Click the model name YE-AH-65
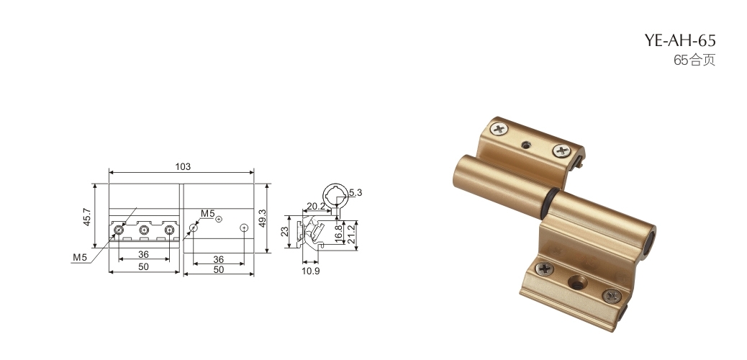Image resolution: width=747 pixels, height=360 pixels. [x=680, y=40]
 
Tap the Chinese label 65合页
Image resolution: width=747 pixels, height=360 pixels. [x=694, y=60]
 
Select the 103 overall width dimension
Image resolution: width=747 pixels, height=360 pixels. [x=183, y=166]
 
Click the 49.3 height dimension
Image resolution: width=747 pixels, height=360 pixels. [x=263, y=218]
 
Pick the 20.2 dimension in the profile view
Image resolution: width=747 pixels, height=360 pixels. [x=316, y=206]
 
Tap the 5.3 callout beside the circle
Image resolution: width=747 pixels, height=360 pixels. [x=356, y=193]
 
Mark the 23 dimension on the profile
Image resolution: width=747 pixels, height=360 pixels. [x=284, y=232]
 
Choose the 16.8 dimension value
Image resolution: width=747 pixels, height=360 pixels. [x=339, y=234]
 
